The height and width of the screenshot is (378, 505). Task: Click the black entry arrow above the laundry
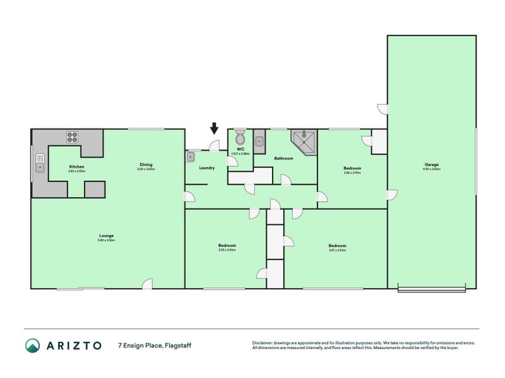(214, 129)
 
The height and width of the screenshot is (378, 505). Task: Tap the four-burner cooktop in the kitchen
(72, 136)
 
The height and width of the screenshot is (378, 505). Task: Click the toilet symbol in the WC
(240, 137)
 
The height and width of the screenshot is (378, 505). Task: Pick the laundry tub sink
(190, 156)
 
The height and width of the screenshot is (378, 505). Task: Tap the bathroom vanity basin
(259, 142)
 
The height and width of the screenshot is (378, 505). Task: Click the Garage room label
(432, 165)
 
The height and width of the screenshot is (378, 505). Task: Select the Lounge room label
(106, 236)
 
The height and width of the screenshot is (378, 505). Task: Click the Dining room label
(146, 165)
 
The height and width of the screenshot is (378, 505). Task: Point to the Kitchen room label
(76, 167)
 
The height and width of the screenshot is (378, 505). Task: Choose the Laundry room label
(206, 168)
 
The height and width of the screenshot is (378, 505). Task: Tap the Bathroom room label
(283, 158)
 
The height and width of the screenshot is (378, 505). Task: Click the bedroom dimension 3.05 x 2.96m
(227, 250)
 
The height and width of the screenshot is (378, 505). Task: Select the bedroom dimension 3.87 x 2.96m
(337, 250)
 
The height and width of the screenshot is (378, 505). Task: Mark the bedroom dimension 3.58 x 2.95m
(352, 173)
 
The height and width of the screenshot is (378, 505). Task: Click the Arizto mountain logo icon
(32, 345)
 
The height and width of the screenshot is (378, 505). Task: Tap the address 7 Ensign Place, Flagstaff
(155, 345)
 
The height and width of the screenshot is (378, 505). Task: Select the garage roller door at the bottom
(432, 290)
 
